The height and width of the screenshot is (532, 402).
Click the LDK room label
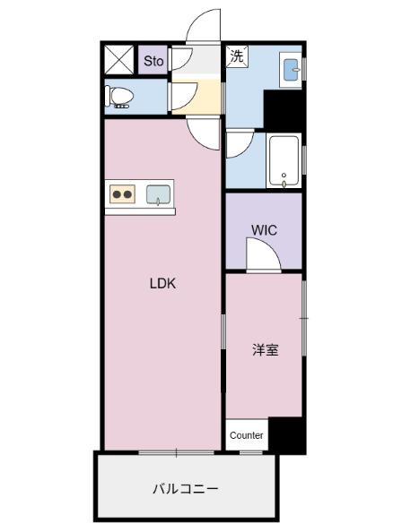click(162, 284)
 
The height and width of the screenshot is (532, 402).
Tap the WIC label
click(264, 230)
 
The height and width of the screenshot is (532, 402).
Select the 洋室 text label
click(264, 350)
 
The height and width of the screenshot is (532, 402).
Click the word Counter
click(246, 435)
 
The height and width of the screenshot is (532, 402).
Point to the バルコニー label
click(185, 489)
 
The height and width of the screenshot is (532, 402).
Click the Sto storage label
click(153, 62)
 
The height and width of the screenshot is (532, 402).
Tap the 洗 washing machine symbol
click(236, 56)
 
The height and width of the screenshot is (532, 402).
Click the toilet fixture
click(119, 97)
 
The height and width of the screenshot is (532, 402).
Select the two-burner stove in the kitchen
click(122, 194)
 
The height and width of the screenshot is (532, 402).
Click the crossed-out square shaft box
click(118, 60)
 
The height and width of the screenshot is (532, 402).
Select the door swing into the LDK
click(203, 133)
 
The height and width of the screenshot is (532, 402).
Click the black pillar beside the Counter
click(286, 434)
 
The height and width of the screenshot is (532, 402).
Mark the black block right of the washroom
click(284, 110)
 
